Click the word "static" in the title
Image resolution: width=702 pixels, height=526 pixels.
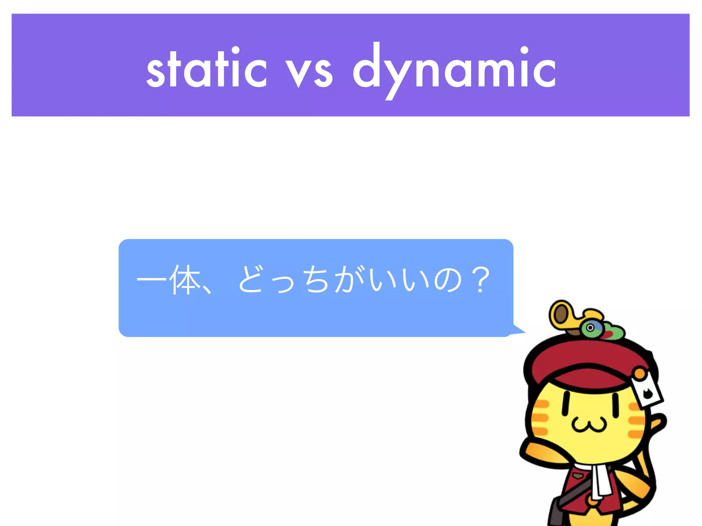coord(206,68)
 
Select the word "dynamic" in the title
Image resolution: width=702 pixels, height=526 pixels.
coord(454,68)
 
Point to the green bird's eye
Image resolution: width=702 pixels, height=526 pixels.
coord(590,328)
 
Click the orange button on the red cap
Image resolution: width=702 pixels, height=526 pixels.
coord(640,373)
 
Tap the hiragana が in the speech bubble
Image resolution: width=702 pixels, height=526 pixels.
coord(348,279)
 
